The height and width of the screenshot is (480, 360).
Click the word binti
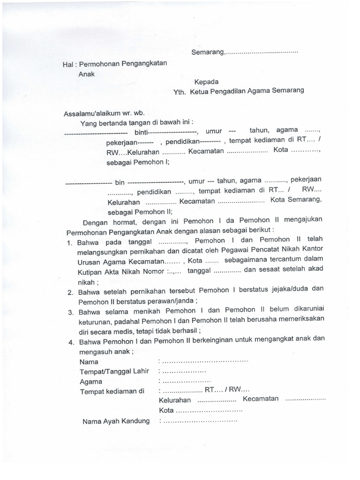pyautogui.click(x=142, y=132)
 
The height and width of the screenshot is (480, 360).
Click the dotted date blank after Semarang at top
pyautogui.click(x=262, y=52)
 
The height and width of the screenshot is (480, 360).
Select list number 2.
pyautogui.click(x=69, y=292)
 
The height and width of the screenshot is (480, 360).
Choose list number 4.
pyautogui.click(x=69, y=343)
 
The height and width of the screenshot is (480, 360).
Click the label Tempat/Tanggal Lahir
pyautogui.click(x=114, y=371)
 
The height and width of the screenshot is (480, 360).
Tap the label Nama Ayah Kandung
pyautogui.click(x=116, y=420)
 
